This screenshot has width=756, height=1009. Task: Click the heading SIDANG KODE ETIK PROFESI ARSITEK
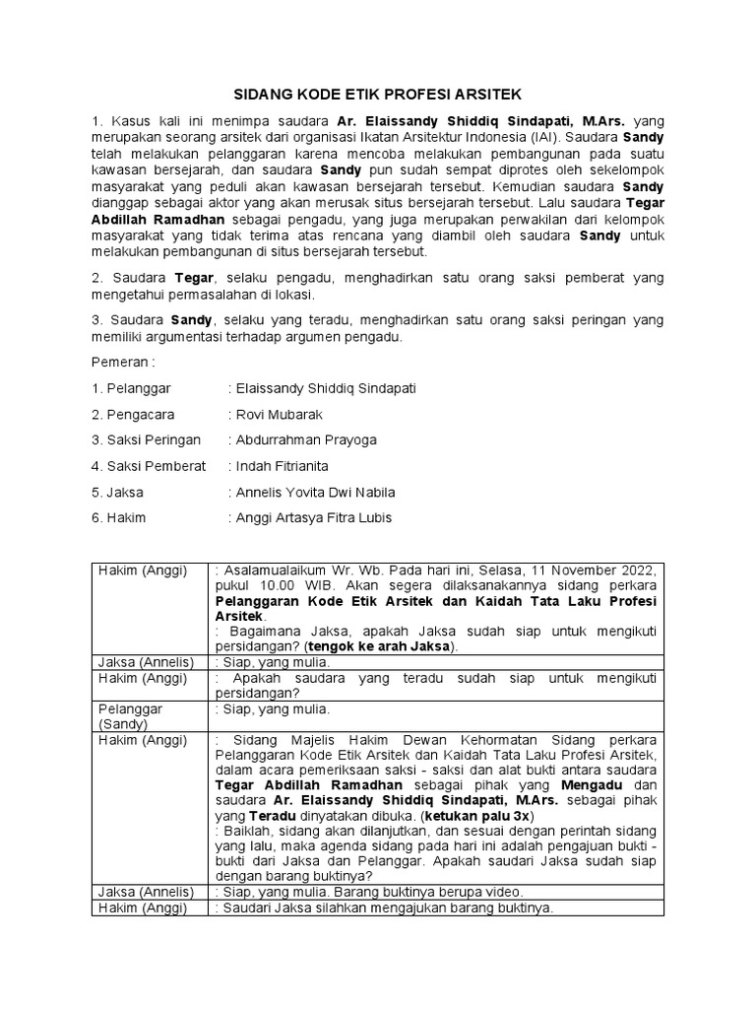(377, 95)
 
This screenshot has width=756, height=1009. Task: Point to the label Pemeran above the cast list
(123, 362)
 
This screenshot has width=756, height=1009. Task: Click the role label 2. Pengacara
(137, 414)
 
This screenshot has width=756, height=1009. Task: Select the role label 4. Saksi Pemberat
(149, 465)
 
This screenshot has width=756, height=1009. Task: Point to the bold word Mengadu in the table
(592, 785)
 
